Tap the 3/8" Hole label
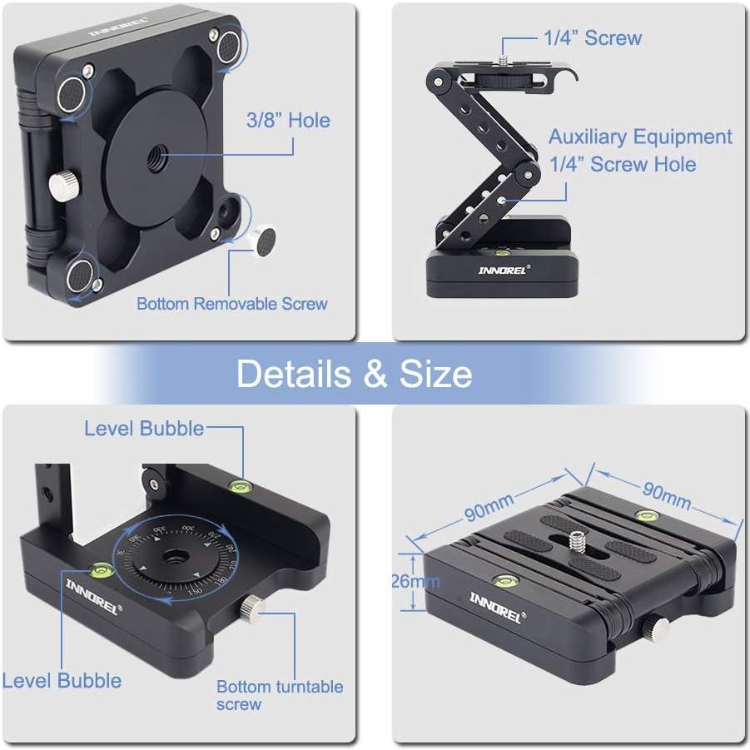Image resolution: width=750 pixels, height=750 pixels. [288, 121]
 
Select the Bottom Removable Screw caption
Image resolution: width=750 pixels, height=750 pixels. [232, 304]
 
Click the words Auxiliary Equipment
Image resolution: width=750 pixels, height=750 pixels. [640, 137]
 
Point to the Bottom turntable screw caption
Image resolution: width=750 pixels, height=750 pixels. [279, 694]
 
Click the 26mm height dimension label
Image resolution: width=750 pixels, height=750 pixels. [414, 581]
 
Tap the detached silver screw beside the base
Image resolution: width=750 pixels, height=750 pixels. [266, 243]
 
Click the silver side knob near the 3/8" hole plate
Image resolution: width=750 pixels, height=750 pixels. [61, 180]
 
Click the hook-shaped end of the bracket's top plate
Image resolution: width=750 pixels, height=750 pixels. [569, 79]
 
